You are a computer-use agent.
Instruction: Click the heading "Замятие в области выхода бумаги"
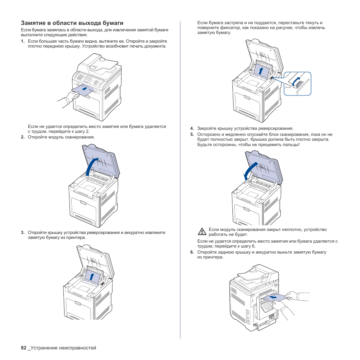pos(72,23)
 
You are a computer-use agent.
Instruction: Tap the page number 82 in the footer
pos(24,348)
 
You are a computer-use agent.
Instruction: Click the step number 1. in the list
pos(23,41)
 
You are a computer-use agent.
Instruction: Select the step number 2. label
pos(23,137)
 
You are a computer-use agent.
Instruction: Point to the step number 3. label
pos(23,232)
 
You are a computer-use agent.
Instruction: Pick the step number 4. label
pos(192,128)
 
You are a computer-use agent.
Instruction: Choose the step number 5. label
pos(192,134)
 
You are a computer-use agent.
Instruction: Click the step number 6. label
pos(192,252)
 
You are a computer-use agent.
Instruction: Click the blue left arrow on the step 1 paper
pos(87,89)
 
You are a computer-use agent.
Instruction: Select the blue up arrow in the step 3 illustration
pos(92,277)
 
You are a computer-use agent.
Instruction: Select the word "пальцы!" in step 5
pos(291,145)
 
